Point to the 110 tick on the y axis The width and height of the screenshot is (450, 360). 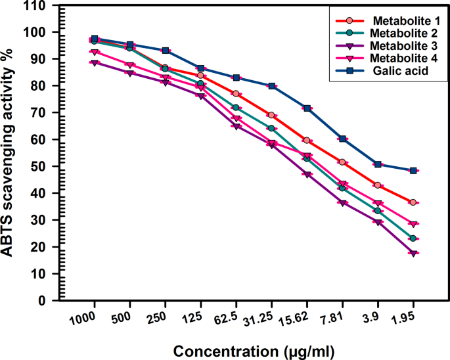pyautogui.click(x=43, y=5)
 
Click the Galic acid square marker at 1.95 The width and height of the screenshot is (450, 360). pyautogui.click(x=413, y=170)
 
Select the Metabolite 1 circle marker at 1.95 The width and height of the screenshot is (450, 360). pyautogui.click(x=413, y=202)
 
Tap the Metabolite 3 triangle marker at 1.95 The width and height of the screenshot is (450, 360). pyautogui.click(x=413, y=254)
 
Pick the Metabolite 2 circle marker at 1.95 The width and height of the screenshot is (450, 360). pyautogui.click(x=413, y=238)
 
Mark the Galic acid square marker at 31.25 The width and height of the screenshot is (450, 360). pyautogui.click(x=271, y=86)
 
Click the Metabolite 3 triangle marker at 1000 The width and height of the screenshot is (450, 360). pyautogui.click(x=95, y=63)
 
